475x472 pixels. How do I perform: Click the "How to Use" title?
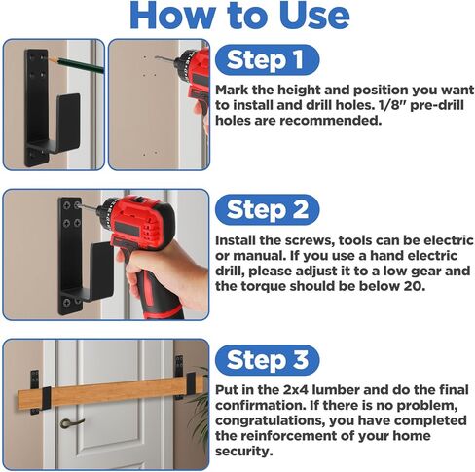coord(239,17)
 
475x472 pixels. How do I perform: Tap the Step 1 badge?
coord(267,59)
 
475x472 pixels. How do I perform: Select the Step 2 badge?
coord(267,209)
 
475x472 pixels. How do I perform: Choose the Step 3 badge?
coord(267,360)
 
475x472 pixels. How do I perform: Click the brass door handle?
coord(71,422)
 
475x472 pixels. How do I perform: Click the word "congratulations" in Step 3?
coord(271,421)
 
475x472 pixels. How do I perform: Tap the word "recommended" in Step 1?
coord(330,121)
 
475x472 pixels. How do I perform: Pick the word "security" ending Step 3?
coord(243,452)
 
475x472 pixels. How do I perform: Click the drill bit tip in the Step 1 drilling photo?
coord(156,57)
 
